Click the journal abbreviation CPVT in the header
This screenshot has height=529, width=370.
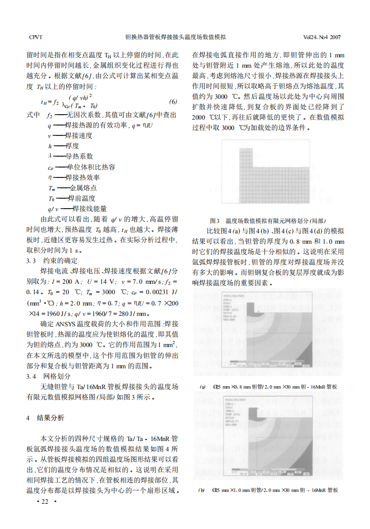point(36,37)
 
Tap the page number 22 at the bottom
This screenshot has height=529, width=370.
point(46,502)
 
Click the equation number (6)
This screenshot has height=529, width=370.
point(173,101)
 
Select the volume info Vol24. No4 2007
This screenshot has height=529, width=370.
point(322,37)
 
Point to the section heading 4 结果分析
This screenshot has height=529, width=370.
point(46,418)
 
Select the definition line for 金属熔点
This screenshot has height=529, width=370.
point(72,188)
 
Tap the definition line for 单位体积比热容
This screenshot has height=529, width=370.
point(82,167)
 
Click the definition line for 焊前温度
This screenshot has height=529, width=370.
point(72,198)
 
